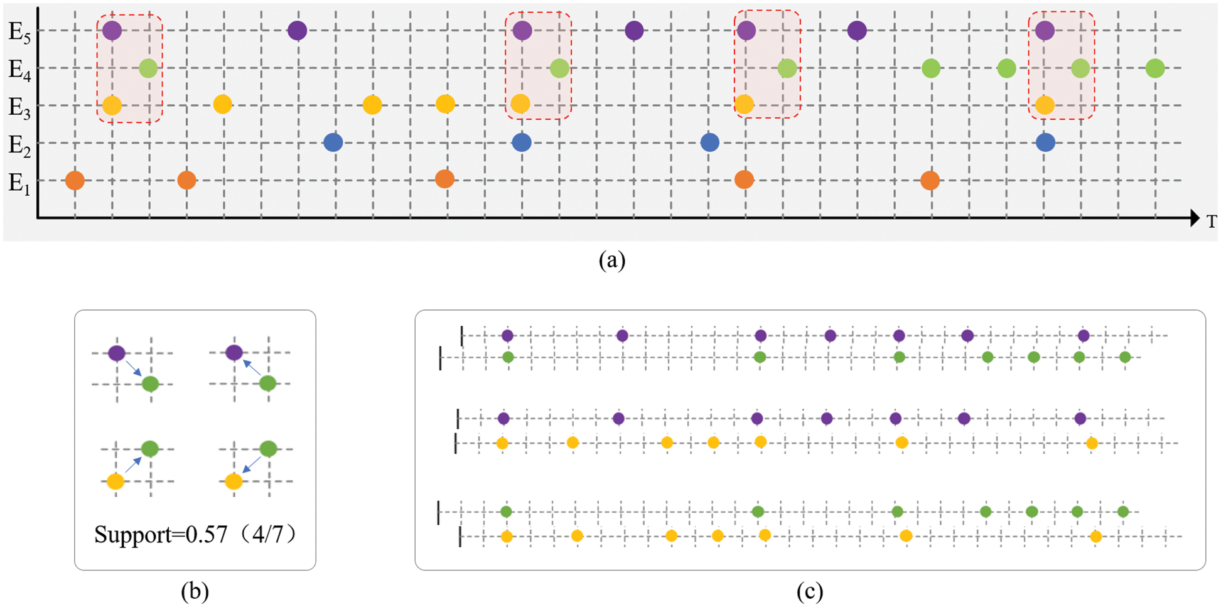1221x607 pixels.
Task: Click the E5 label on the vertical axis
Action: (19, 31)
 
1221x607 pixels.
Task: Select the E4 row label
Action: (19, 68)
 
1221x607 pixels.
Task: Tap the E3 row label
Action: (19, 106)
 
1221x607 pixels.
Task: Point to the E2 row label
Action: (19, 144)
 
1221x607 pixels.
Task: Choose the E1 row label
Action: (19, 183)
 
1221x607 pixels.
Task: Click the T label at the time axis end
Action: (1211, 221)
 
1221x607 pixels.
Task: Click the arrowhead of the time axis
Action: (1194, 218)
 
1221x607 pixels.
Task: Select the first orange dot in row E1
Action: (75, 181)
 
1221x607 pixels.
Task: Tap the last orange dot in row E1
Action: (930, 181)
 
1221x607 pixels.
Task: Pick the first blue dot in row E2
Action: (333, 142)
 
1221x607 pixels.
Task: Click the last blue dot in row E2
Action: (1045, 142)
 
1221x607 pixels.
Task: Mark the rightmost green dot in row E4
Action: (1155, 68)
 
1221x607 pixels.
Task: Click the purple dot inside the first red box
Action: (112, 30)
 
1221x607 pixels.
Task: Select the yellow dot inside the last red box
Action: (1045, 105)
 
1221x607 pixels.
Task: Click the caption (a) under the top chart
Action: (612, 259)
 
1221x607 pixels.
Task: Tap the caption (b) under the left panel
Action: (195, 591)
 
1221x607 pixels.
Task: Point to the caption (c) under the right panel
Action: (810, 591)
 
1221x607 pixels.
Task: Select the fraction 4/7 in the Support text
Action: (266, 535)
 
